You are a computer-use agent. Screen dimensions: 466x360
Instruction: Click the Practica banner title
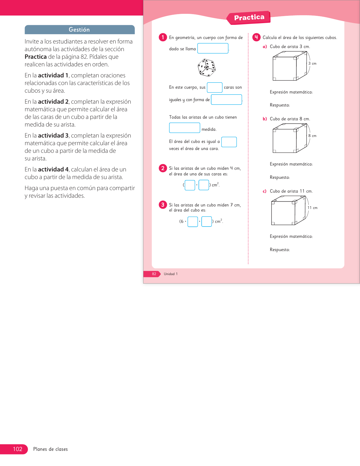point(249,18)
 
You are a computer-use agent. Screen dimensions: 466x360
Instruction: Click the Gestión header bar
point(79,30)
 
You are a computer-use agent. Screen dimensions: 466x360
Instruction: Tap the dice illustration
point(207,68)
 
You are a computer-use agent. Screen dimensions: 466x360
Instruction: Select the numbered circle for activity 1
point(163,37)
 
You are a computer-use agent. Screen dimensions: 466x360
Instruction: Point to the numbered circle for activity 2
point(163,168)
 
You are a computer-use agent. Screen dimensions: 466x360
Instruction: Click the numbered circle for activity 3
point(163,205)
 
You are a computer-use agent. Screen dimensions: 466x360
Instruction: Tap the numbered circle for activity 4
point(256,37)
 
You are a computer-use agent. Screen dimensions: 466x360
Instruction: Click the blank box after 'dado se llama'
point(213,48)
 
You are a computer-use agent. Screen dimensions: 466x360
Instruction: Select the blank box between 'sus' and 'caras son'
point(215,88)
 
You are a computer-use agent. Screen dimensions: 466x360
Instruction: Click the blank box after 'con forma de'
point(226,99)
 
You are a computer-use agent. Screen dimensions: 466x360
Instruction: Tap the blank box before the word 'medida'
point(184,128)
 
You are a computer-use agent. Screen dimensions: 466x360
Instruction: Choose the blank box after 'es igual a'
point(229,142)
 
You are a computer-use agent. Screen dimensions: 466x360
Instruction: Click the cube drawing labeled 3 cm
point(289,66)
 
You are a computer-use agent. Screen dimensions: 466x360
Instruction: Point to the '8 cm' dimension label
point(312,136)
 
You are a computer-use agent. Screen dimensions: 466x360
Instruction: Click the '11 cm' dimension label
point(312,208)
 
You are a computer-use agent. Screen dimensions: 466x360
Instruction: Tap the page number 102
point(18,449)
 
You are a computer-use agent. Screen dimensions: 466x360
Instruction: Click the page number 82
point(154,274)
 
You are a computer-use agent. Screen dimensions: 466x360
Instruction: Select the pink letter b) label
point(265,119)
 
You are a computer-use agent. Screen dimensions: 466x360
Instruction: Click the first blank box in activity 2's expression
point(190,185)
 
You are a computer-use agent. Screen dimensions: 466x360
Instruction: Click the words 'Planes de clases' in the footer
point(51,449)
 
